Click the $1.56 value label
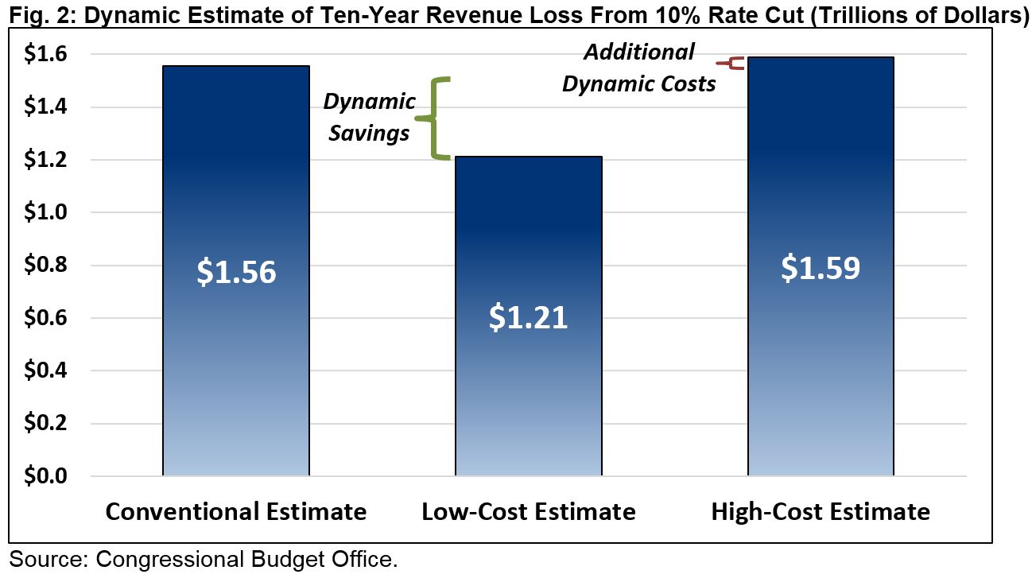click(236, 273)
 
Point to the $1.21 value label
click(528, 317)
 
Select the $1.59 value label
click(821, 268)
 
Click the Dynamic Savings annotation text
click(369, 117)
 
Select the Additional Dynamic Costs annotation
click(639, 68)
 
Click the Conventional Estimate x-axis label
click(236, 511)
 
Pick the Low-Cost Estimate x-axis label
click(529, 511)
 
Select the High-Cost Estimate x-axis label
click(821, 511)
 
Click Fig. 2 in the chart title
click(32, 14)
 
